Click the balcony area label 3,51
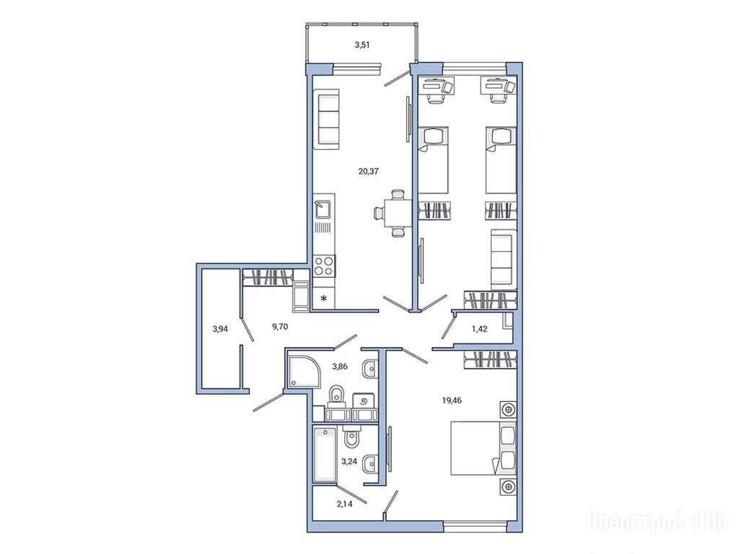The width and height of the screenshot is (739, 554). pyautogui.click(x=362, y=45)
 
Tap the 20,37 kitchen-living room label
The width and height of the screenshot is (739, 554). pyautogui.click(x=368, y=172)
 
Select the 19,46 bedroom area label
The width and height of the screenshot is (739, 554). pyautogui.click(x=452, y=401)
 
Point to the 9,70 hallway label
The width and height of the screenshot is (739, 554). pyautogui.click(x=280, y=327)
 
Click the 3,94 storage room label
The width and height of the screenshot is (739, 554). pyautogui.click(x=220, y=329)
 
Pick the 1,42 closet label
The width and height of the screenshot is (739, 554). pyautogui.click(x=479, y=329)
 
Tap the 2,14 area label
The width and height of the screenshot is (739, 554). pyautogui.click(x=344, y=504)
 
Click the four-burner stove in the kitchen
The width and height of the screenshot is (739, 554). pyautogui.click(x=324, y=265)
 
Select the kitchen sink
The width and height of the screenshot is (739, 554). pyautogui.click(x=324, y=209)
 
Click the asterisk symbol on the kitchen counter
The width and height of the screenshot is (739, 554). pyautogui.click(x=324, y=298)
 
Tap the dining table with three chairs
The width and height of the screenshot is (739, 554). pyautogui.click(x=395, y=214)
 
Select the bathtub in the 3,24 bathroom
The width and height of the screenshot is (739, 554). pyautogui.click(x=325, y=454)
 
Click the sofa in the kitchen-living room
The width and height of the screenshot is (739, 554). pyautogui.click(x=328, y=119)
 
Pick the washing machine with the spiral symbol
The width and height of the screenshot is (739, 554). pyautogui.click(x=364, y=401)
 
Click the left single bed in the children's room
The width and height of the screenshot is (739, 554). pyautogui.click(x=433, y=160)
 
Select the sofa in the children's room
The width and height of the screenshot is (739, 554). pyautogui.click(x=503, y=260)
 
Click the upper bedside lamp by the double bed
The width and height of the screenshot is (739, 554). pyautogui.click(x=508, y=410)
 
